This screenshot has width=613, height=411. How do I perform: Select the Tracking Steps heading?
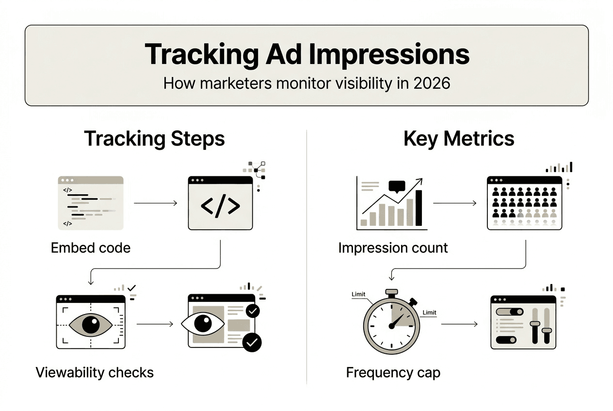click(x=154, y=139)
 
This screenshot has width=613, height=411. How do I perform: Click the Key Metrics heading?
click(x=459, y=139)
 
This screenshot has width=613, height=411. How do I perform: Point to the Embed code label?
click(x=91, y=248)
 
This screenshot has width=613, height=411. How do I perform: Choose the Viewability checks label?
click(x=95, y=372)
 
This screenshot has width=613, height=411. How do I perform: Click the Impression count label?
click(x=393, y=248)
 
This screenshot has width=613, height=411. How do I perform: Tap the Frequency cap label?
click(x=393, y=373)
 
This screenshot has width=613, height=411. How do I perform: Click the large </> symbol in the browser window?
click(x=220, y=206)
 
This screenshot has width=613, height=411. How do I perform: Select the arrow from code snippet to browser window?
click(x=155, y=203)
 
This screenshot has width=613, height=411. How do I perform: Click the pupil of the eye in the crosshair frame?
click(x=90, y=324)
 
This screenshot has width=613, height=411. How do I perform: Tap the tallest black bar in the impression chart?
click(x=419, y=208)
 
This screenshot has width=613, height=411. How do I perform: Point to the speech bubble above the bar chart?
click(x=396, y=186)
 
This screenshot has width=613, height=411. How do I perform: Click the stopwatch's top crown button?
click(x=391, y=293)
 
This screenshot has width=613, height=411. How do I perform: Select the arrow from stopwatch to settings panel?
click(x=459, y=323)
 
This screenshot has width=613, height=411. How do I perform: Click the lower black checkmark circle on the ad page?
click(x=252, y=342)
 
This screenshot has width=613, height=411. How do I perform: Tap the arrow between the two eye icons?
click(x=155, y=323)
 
